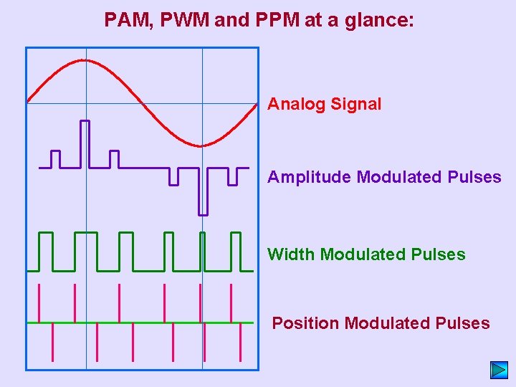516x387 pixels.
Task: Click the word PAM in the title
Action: tap(125, 19)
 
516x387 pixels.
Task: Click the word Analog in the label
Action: tap(296, 105)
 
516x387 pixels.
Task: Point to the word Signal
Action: tap(355, 105)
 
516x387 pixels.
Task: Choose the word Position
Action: tap(305, 323)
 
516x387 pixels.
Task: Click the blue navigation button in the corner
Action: tap(499, 370)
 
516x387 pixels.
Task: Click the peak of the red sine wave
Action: tap(85, 60)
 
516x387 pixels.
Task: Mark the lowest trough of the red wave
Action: tap(202, 145)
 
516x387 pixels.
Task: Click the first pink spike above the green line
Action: tap(39, 303)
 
